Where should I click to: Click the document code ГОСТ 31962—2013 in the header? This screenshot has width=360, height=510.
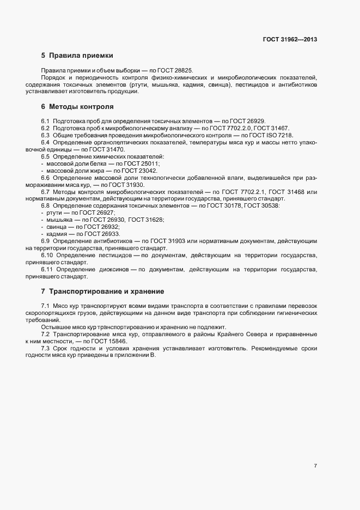(290, 39)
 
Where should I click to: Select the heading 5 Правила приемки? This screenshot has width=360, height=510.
(77, 56)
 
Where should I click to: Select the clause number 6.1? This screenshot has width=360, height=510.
(46, 120)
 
